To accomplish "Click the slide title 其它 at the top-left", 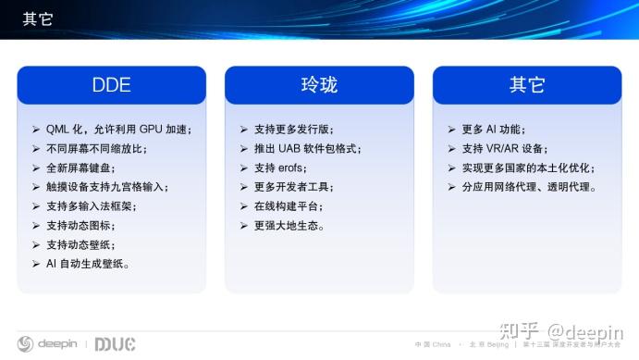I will point(37,17).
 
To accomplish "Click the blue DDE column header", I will point(111,85).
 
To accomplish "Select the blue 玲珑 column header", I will point(319,85).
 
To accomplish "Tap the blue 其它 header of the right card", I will point(527,85).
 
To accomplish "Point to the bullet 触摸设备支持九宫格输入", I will point(106,187).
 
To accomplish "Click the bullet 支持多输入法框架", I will point(92,205).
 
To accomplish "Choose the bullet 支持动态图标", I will point(87,225).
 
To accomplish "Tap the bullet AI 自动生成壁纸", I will point(88,264).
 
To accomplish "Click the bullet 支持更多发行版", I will point(294,129).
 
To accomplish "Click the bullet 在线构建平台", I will point(288,205).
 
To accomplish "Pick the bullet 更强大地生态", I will point(288,225).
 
